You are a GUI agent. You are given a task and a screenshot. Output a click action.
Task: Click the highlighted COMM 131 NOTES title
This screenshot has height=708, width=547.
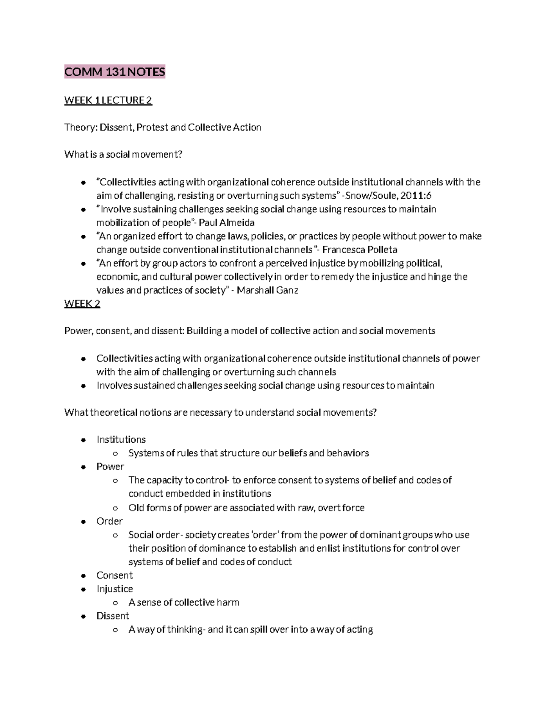coord(114,72)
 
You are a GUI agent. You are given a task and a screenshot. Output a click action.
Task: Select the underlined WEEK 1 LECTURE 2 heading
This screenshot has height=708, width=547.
coord(108,100)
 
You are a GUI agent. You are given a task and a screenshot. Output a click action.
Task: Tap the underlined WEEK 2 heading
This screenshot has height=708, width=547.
coord(82,304)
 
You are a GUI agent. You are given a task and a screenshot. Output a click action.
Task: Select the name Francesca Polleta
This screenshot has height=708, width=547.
coord(360,250)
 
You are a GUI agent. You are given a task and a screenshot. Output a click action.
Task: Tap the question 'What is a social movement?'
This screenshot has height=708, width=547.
coord(123,155)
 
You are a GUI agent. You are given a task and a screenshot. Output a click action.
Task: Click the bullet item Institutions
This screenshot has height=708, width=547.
coord(121,439)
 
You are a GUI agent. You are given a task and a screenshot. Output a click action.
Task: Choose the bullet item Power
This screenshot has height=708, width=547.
coord(110,466)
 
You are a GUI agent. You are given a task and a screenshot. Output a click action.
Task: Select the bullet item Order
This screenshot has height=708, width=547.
coord(109,521)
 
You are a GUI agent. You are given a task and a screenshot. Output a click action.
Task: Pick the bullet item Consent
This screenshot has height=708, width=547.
coord(114,575)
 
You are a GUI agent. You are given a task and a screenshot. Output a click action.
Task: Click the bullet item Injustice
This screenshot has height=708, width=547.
coord(114,589)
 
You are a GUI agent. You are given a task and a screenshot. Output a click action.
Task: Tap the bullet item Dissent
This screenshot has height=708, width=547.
coord(113,616)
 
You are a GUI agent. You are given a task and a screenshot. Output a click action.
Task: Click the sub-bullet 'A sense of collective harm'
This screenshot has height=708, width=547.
coord(184,602)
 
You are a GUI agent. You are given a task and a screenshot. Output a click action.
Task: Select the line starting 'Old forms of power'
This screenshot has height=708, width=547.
coord(246,508)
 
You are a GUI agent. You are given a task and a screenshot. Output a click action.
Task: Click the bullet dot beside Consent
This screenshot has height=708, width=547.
coord(83,576)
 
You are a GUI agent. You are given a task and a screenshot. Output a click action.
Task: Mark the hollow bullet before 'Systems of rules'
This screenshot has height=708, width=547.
coord(115,454)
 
